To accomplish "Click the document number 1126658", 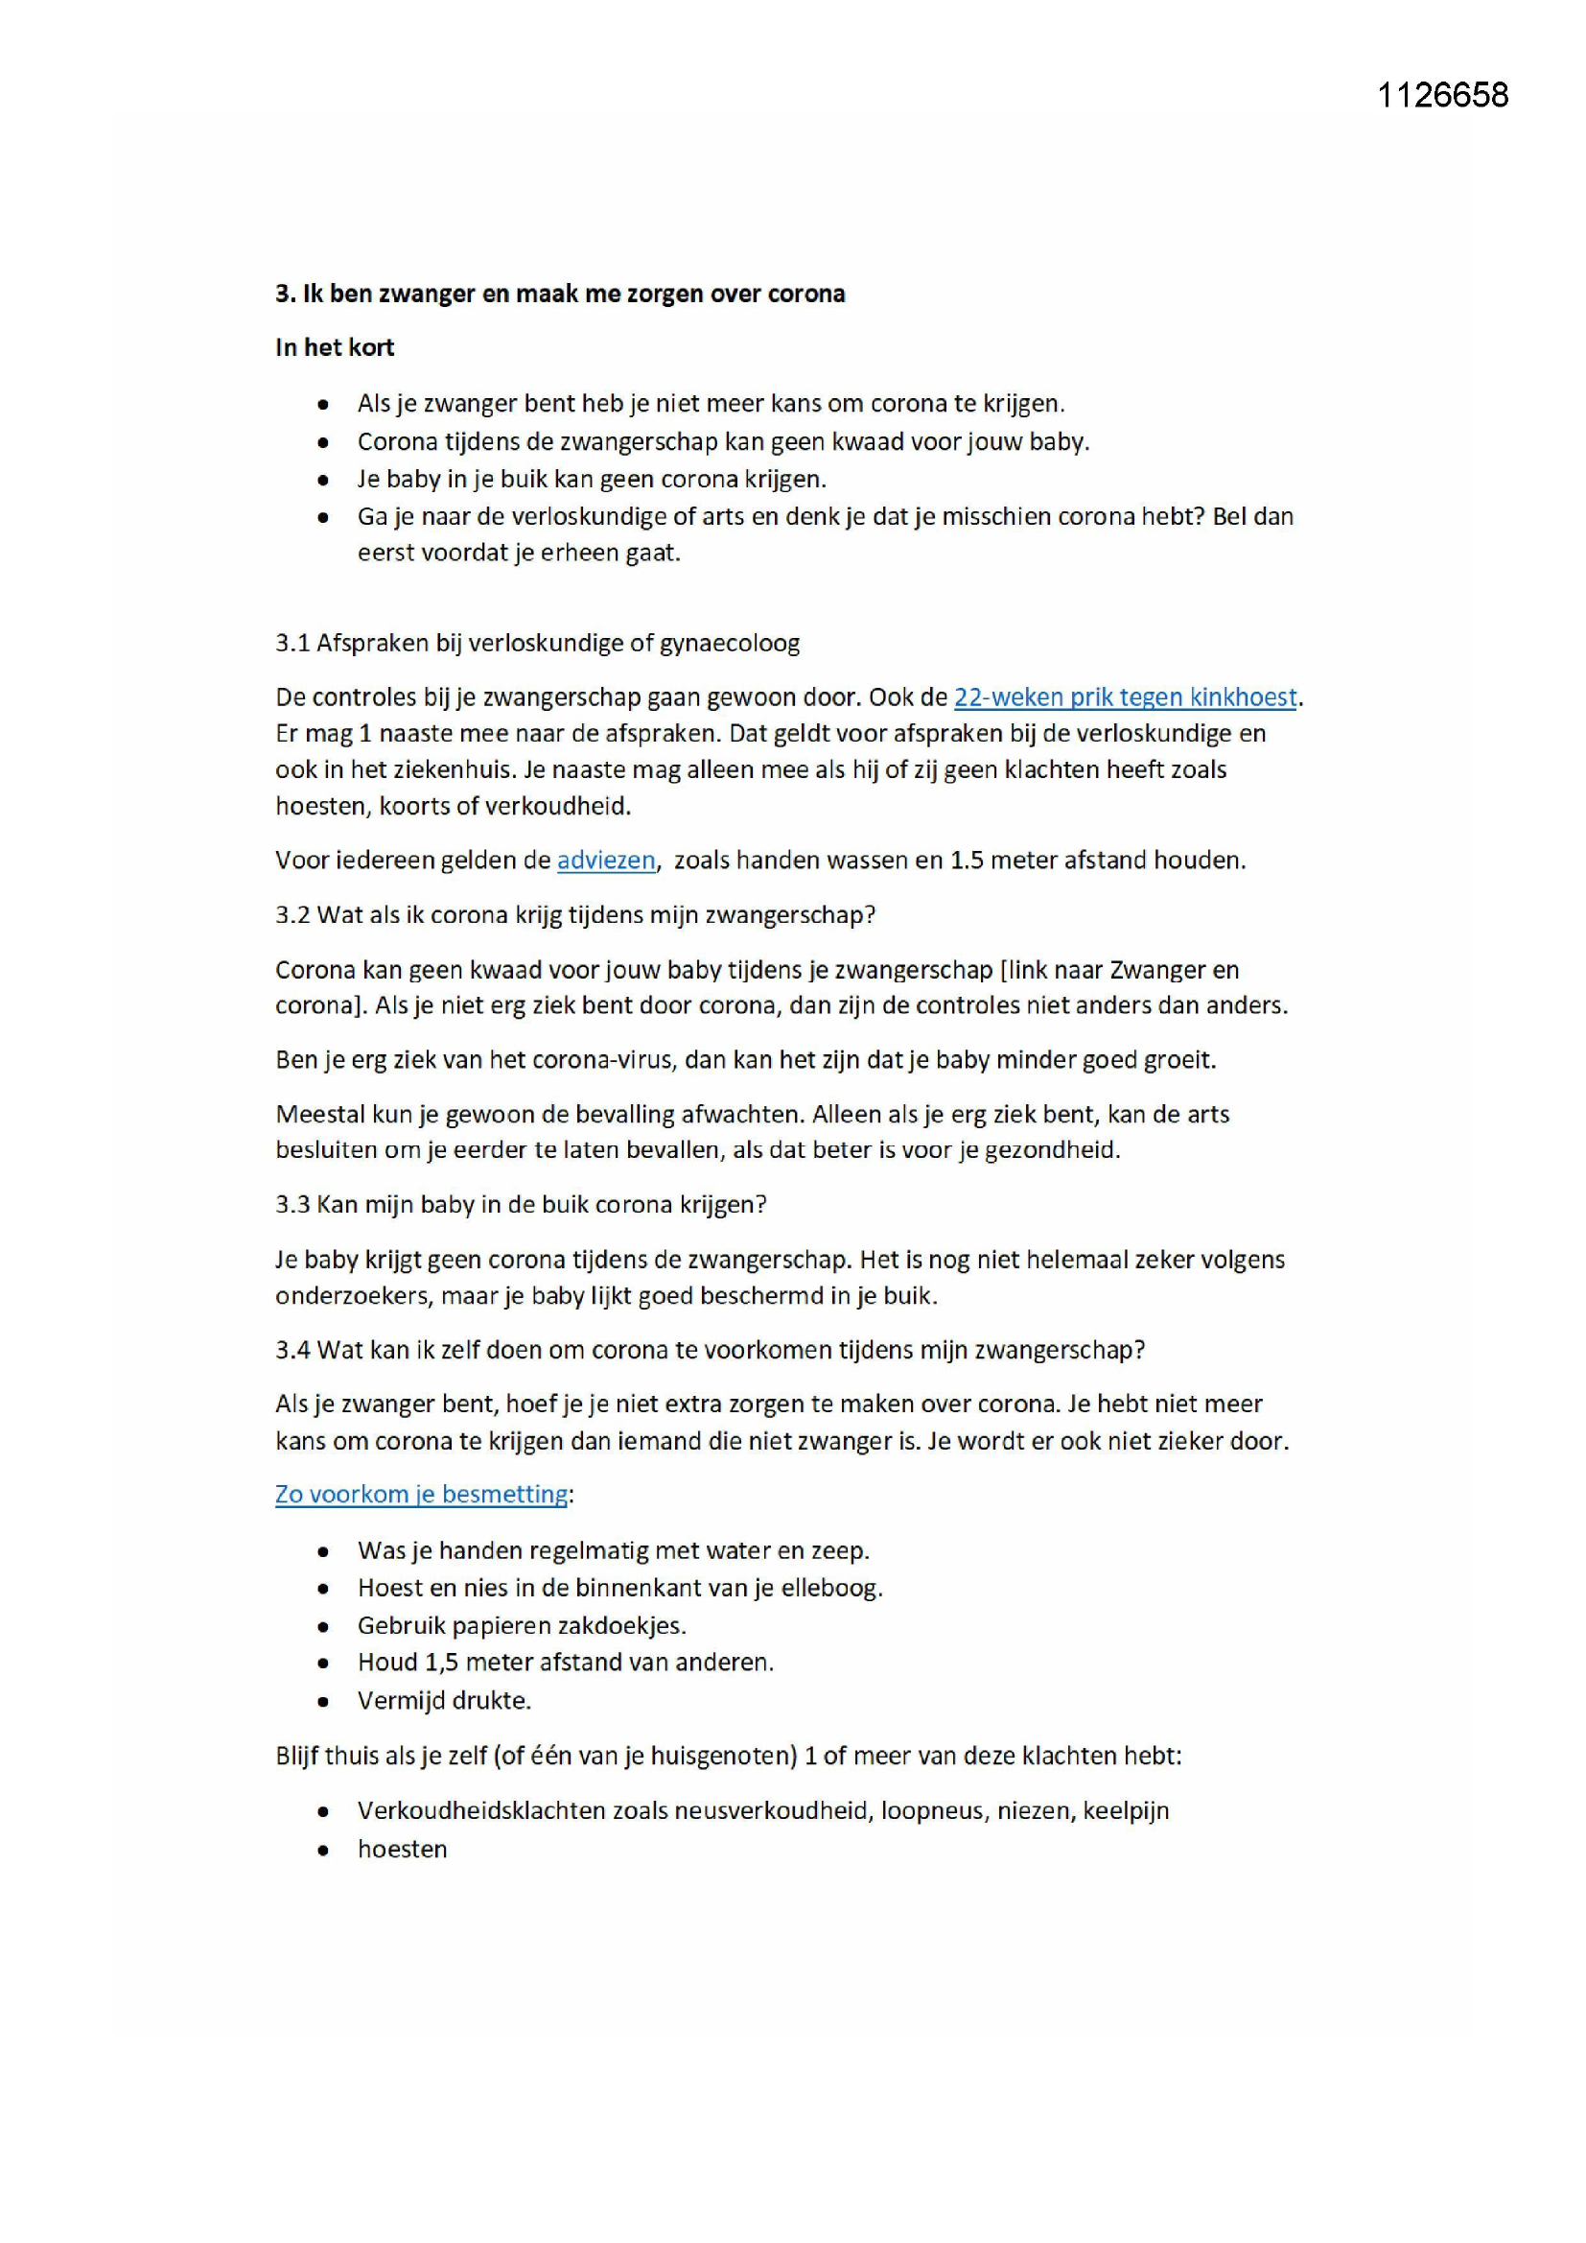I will (1441, 95).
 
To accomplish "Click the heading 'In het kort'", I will (335, 348).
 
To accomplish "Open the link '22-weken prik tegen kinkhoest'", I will (1125, 697).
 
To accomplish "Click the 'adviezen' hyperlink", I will (605, 860).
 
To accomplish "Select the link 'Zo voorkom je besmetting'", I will (421, 1494).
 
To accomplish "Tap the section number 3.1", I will (292, 643).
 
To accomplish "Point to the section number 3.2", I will (292, 914).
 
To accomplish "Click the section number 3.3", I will (292, 1204).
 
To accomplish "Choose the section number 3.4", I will (292, 1349).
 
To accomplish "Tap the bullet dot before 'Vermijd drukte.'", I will (323, 1701).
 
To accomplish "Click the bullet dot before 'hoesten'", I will (323, 1850).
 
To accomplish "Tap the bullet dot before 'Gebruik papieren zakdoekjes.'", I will (323, 1626).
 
